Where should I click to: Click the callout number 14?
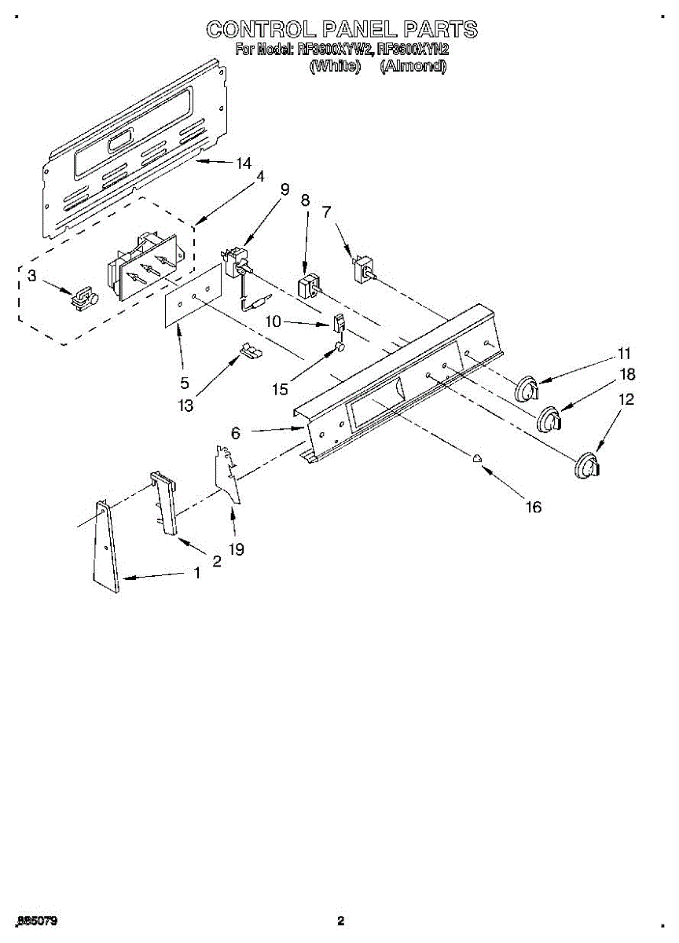(244, 163)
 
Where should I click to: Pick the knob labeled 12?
(585, 466)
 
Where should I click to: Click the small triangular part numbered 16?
(477, 460)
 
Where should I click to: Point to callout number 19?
(235, 550)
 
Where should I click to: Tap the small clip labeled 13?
(251, 351)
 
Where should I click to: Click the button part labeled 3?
(84, 299)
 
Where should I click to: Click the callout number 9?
(284, 189)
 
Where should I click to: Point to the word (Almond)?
(413, 67)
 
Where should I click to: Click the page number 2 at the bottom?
(340, 920)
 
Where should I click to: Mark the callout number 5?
(185, 383)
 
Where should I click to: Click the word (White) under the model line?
(335, 67)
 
